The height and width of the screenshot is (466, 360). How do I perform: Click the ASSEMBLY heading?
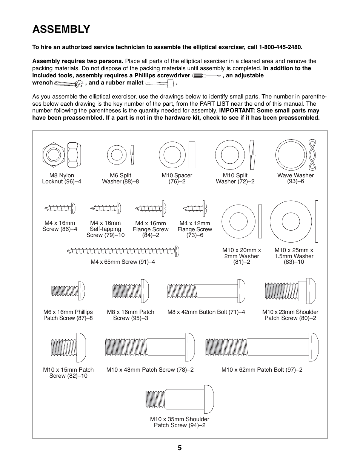click(x=61, y=29)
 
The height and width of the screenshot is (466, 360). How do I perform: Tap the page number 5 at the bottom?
click(x=180, y=448)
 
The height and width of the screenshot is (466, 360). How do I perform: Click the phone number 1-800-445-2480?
click(x=280, y=47)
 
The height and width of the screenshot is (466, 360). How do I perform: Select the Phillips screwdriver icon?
click(x=206, y=76)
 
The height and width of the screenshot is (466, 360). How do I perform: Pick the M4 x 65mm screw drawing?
click(x=123, y=251)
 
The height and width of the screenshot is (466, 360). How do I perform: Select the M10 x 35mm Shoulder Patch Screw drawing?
click(x=180, y=400)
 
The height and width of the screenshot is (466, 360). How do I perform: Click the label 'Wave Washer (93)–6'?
click(x=295, y=178)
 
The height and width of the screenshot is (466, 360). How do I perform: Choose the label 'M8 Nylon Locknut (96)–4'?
click(x=62, y=178)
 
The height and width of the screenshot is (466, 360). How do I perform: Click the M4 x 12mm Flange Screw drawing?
click(x=195, y=208)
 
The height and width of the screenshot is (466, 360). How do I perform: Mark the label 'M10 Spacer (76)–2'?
click(x=177, y=178)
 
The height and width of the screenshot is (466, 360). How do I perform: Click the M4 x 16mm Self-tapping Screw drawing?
click(x=106, y=208)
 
